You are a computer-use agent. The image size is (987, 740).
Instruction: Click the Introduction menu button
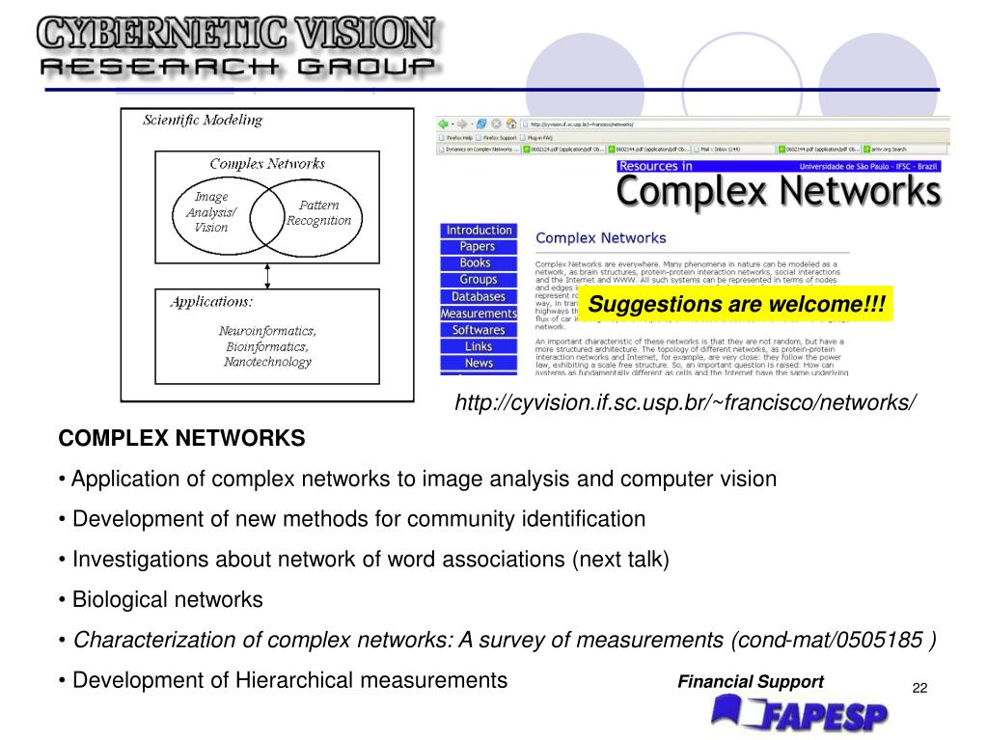pyautogui.click(x=478, y=231)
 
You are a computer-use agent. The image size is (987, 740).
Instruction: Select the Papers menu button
pyautogui.click(x=478, y=247)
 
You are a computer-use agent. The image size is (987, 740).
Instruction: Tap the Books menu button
pyautogui.click(x=476, y=263)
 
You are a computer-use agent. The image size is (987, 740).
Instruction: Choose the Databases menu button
pyautogui.click(x=478, y=296)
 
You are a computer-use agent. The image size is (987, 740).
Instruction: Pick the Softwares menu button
pyautogui.click(x=479, y=330)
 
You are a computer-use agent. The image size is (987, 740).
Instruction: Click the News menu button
pyautogui.click(x=479, y=363)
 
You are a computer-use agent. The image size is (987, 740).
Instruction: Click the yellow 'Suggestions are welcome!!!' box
pyautogui.click(x=737, y=305)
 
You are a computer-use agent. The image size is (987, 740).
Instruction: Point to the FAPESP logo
pyautogui.click(x=800, y=715)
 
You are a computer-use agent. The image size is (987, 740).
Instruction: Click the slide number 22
pyautogui.click(x=919, y=688)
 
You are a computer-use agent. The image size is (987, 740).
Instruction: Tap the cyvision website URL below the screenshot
pyautogui.click(x=686, y=402)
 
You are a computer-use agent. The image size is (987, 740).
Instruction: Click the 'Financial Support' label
pyautogui.click(x=751, y=682)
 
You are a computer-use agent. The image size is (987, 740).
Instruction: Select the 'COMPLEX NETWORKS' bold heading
pyautogui.click(x=181, y=439)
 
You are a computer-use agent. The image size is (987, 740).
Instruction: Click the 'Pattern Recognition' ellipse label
pyautogui.click(x=318, y=213)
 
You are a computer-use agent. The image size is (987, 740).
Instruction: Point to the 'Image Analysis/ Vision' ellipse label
pyautogui.click(x=211, y=212)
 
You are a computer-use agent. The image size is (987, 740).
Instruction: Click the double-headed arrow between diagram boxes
pyautogui.click(x=267, y=275)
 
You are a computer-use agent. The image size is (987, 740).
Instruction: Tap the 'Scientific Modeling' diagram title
pyautogui.click(x=203, y=121)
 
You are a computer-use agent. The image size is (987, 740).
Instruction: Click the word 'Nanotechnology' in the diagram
pyautogui.click(x=267, y=362)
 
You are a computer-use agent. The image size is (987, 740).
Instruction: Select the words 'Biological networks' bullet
pyautogui.click(x=168, y=600)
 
